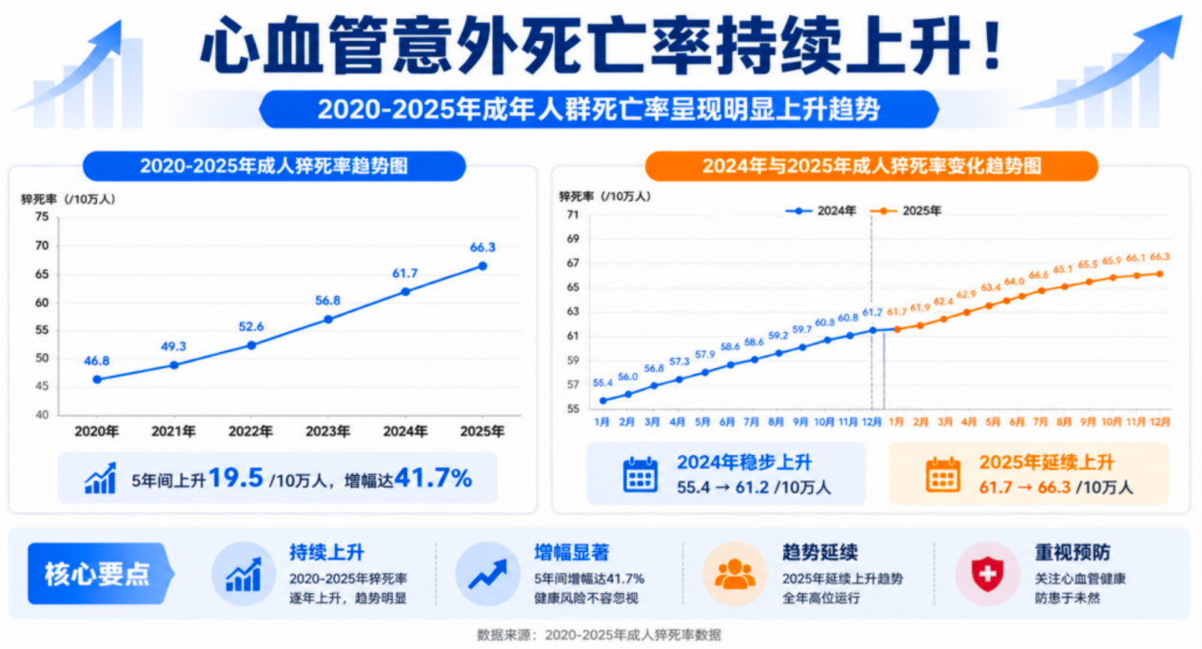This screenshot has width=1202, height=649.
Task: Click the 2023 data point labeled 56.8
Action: click(328, 319)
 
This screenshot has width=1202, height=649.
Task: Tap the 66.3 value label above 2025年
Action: click(483, 247)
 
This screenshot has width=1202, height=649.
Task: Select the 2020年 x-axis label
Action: click(96, 431)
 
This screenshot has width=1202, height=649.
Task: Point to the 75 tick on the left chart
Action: click(41, 217)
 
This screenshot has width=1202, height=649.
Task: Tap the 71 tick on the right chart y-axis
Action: click(573, 215)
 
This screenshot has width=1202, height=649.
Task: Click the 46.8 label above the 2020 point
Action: click(96, 361)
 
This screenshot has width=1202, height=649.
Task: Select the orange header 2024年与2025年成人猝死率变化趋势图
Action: click(871, 166)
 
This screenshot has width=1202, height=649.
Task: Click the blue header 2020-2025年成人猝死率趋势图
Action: click(274, 166)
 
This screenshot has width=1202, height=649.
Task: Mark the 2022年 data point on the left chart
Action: click(251, 344)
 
